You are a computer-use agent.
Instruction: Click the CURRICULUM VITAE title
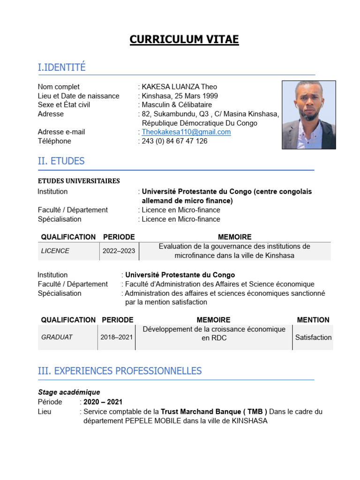[184, 40]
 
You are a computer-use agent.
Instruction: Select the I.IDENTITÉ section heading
[61, 67]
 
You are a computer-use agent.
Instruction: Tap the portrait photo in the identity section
[308, 115]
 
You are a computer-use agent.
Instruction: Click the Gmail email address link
[186, 132]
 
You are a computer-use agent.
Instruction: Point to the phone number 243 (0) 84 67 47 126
[174, 141]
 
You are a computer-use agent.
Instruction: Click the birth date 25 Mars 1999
[197, 96]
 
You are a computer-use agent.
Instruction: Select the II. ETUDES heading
[61, 161]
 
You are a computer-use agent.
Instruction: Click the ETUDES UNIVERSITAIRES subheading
[79, 181]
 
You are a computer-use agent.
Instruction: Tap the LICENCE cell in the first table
[55, 251]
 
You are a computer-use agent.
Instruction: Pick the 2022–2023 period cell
[119, 251]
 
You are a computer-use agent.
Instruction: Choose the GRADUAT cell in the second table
[57, 337]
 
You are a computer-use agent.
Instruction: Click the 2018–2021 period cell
[117, 337]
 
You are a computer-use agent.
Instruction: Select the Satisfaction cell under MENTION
[313, 337]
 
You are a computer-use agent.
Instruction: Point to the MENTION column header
[313, 320]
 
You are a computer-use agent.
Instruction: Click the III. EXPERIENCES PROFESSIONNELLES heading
[120, 371]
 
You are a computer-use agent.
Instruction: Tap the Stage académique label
[69, 392]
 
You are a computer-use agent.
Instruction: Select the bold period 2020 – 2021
[103, 402]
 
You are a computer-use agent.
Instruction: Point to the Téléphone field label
[54, 141]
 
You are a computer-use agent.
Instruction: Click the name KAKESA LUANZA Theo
[180, 87]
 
